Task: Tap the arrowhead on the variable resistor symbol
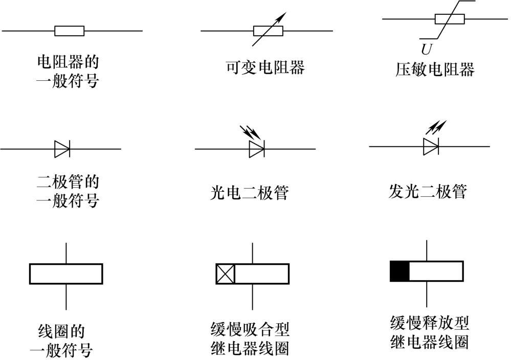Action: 282,16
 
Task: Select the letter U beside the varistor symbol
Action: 426,50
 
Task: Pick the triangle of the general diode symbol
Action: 61,149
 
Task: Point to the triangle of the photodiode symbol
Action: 256,149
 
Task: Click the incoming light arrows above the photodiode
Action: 250,132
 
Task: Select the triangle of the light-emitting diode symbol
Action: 431,147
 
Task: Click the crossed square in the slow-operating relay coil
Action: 225,274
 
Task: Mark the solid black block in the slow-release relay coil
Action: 399,271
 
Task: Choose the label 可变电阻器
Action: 265,67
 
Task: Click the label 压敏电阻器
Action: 435,69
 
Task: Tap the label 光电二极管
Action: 249,193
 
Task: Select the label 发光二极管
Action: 428,191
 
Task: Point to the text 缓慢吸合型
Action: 250,329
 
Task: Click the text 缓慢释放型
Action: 430,323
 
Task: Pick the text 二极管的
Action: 68,182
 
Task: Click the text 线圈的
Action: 61,331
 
